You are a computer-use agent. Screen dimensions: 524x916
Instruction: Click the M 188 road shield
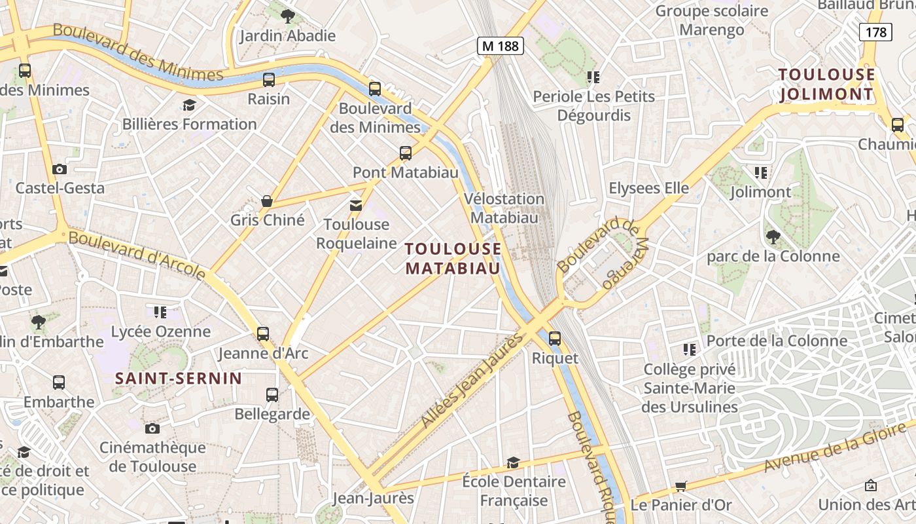point(501,46)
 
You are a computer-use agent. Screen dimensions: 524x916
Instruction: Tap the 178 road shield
point(875,31)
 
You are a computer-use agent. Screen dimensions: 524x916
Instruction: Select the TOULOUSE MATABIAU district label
point(453,258)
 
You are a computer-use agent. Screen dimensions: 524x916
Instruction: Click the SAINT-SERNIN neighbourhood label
point(179,378)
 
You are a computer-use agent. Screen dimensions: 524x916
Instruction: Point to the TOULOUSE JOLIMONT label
point(826,84)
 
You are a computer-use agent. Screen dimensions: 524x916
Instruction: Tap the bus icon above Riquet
point(555,338)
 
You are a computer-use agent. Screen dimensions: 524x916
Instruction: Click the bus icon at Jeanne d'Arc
point(263,334)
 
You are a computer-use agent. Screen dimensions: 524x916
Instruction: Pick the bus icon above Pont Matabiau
point(406,153)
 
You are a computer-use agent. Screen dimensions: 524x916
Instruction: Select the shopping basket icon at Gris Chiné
point(267,200)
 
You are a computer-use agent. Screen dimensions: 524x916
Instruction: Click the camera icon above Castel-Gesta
point(60,169)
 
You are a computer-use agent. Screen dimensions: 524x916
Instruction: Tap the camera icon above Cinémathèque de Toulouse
point(152,428)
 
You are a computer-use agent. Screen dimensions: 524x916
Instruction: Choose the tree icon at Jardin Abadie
point(287,16)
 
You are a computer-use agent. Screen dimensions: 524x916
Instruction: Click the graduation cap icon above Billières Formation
point(189,105)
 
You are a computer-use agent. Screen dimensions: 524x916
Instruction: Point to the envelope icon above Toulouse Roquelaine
point(356,206)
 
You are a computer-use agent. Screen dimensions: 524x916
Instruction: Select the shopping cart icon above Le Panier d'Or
point(680,486)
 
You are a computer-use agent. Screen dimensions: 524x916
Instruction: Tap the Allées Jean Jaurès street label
point(473,380)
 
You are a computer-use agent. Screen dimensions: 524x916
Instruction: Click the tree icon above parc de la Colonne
point(773,236)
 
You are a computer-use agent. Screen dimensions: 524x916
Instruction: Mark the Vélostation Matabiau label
point(504,208)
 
